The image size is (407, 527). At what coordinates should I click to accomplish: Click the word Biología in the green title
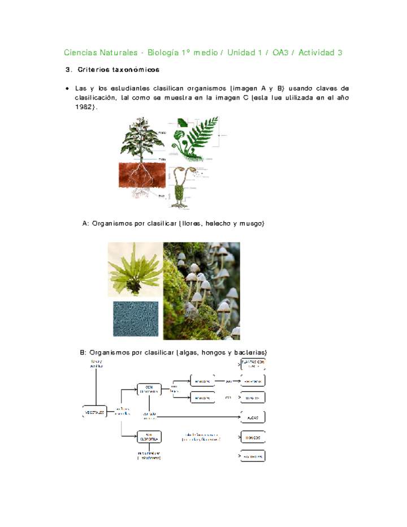pyautogui.click(x=162, y=53)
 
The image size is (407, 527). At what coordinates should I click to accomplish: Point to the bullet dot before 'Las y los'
pyautogui.click(x=67, y=89)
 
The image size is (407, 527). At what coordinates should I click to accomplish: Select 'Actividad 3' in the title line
pyautogui.click(x=320, y=53)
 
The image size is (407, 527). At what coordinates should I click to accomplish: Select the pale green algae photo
pyautogui.click(x=135, y=269)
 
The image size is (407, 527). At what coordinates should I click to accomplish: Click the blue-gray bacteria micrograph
pyautogui.click(x=135, y=319)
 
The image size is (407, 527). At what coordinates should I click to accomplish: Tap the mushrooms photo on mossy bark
pyautogui.click(x=201, y=291)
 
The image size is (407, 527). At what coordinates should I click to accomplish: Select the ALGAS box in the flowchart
pyautogui.click(x=253, y=417)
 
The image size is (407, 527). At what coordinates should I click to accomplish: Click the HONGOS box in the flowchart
pyautogui.click(x=253, y=437)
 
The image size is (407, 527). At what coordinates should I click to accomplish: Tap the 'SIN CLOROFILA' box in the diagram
pyautogui.click(x=149, y=437)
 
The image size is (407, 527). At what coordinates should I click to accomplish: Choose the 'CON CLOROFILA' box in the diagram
pyautogui.click(x=149, y=389)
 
